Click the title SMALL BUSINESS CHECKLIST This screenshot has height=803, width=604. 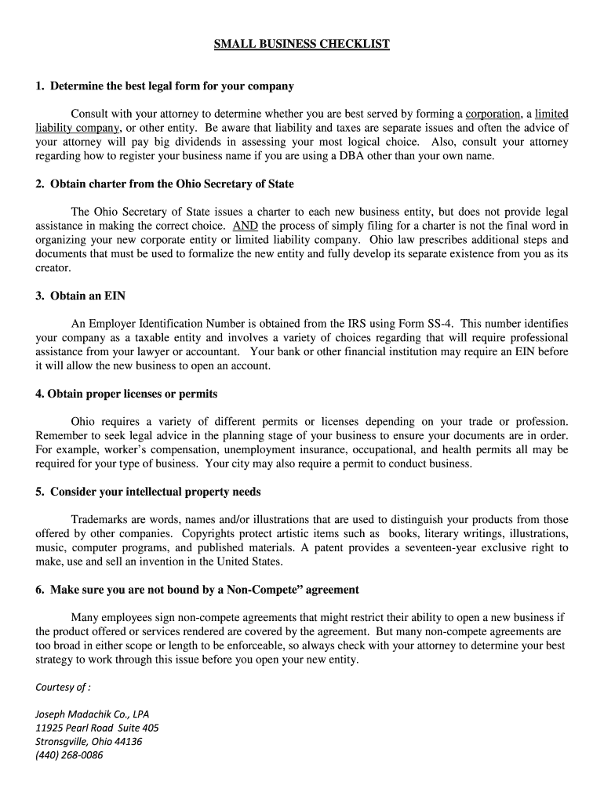click(302, 45)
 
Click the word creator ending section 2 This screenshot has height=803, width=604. click(53, 268)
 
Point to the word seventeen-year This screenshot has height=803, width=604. click(444, 547)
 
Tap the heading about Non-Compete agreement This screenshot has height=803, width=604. click(197, 590)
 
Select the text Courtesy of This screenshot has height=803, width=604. click(63, 688)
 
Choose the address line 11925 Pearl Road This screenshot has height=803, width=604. click(96, 728)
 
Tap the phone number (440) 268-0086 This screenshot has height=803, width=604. click(69, 755)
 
